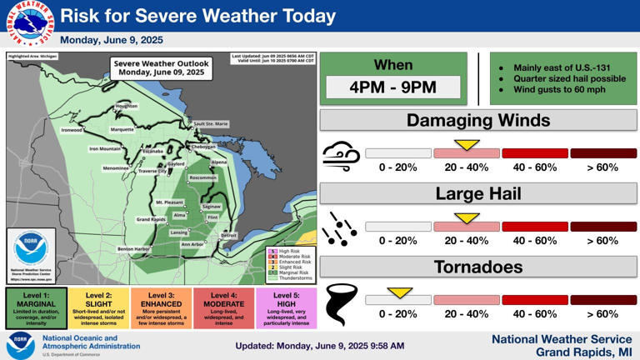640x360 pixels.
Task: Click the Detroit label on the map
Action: [228, 236]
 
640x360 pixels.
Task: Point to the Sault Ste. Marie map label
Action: [211, 124]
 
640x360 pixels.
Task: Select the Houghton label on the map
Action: [127, 107]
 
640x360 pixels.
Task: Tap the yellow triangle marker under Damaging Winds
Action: [467, 145]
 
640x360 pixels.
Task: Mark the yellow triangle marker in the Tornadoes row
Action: [400, 292]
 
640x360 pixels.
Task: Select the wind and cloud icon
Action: [341, 156]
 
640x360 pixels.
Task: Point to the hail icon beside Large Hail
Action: [341, 229]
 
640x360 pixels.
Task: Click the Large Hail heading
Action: [478, 194]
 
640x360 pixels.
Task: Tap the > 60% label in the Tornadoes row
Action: [602, 314]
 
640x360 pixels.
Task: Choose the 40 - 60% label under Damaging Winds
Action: [534, 167]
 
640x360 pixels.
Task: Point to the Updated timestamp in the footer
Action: [319, 345]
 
